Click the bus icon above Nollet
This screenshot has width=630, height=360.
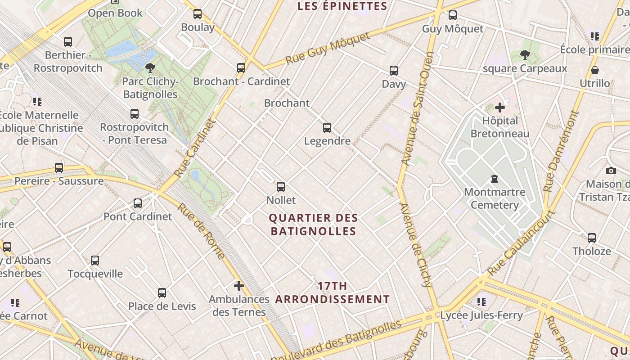281,186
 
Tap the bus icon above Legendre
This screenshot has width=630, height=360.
327,127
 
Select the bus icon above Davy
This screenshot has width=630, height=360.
394,70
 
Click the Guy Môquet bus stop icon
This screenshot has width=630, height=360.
453,15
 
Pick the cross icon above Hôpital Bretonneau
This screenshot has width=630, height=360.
499,107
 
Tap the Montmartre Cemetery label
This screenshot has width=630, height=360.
495,198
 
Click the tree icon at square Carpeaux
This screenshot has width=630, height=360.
525,55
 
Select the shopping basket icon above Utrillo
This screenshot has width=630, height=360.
595,70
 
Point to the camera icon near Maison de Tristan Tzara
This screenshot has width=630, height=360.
611,171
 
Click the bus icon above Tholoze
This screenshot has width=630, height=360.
592,238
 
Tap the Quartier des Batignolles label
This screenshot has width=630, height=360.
313,225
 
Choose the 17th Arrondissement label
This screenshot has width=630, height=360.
333,292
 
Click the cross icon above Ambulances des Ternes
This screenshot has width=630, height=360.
239,285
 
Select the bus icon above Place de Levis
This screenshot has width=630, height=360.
162,292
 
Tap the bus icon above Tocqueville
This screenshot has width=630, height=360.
95,260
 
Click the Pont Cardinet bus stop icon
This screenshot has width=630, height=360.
138,203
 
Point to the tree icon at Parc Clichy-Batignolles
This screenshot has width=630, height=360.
150,68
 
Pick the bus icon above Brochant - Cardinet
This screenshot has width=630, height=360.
241,67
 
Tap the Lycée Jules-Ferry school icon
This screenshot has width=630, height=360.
481,301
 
